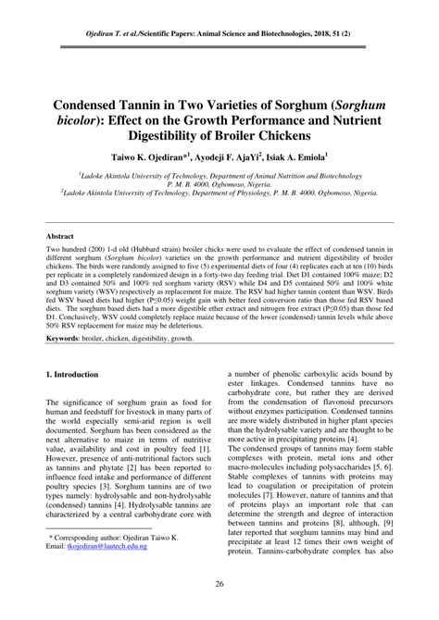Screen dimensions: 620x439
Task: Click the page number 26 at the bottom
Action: point(219,583)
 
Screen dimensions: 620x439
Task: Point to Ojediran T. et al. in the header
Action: point(109,15)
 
